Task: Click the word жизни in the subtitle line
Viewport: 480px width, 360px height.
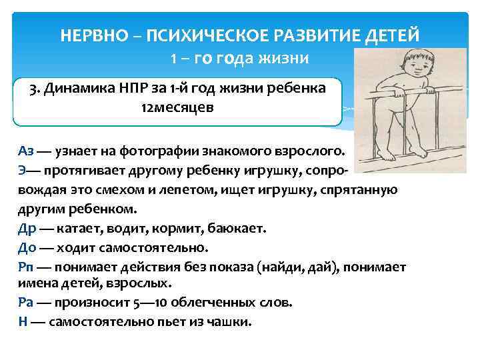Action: [285, 59]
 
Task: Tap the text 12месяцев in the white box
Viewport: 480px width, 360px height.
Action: [177, 108]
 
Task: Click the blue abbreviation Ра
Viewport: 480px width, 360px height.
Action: [25, 301]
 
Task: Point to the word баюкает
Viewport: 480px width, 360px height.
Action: [239, 228]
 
